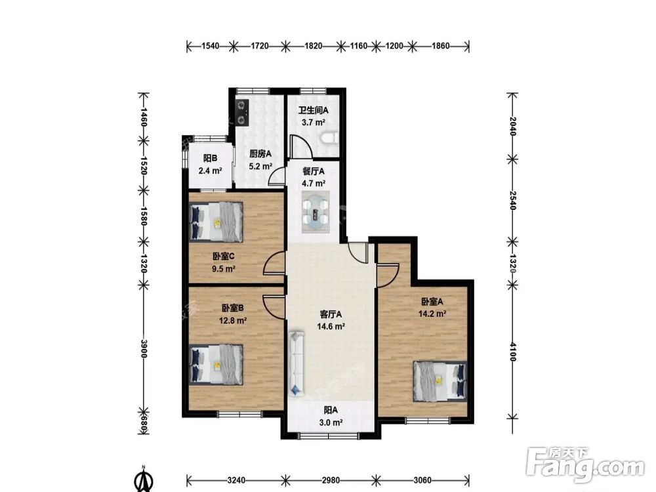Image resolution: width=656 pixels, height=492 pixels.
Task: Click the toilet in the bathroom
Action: coord(330,138)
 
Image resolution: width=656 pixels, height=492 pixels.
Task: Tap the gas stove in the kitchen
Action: coord(242,112)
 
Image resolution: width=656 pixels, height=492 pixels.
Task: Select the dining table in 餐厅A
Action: coord(316,211)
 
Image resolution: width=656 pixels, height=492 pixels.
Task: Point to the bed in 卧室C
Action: coord(216,222)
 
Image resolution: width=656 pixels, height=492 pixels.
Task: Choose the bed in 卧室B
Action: coord(216,364)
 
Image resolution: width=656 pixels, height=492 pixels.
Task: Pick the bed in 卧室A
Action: coord(440,381)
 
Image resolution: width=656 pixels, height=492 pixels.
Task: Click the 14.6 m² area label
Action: coord(331,327)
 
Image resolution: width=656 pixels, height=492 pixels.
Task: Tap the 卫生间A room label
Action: coord(313,111)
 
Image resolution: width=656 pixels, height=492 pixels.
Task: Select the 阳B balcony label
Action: coord(210,158)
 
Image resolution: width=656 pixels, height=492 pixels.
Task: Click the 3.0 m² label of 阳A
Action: coord(331,422)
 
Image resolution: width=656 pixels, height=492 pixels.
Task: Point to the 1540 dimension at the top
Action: coord(211,46)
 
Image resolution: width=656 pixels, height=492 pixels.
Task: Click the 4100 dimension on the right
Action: coord(513,352)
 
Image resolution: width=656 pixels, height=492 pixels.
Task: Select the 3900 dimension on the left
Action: coord(143,348)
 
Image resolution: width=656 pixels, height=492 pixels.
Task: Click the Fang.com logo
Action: coord(585,464)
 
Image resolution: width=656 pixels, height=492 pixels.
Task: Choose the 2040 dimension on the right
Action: coord(513,126)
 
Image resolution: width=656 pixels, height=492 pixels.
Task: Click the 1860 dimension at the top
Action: coord(441,46)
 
